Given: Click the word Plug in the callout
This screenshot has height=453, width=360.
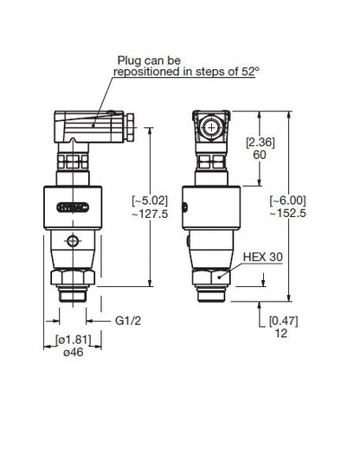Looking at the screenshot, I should point(132,61).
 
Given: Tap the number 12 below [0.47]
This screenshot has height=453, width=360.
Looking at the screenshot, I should point(278,334).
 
